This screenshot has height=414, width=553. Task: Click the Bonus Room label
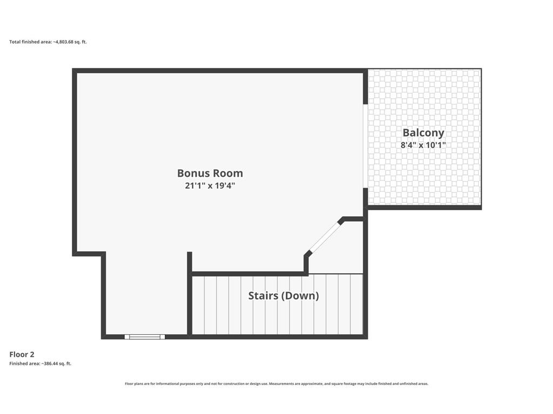pyautogui.click(x=210, y=173)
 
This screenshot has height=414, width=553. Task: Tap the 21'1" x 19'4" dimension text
pyautogui.click(x=210, y=185)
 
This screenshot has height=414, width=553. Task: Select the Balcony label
pyautogui.click(x=423, y=133)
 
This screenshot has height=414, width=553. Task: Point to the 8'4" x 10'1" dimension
pyautogui.click(x=423, y=144)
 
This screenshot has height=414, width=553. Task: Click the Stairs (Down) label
pyautogui.click(x=284, y=296)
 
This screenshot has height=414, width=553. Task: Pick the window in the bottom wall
pyautogui.click(x=145, y=337)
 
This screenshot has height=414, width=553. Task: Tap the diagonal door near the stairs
pyautogui.click(x=324, y=238)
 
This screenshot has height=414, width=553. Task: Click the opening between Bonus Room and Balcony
pyautogui.click(x=366, y=146)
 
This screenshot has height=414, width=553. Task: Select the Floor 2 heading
pyautogui.click(x=22, y=355)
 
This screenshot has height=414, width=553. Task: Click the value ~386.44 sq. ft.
pyautogui.click(x=56, y=364)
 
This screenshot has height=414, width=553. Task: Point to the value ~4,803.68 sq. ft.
pyautogui.click(x=70, y=42)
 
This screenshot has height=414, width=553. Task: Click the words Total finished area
pyautogui.click(x=30, y=42)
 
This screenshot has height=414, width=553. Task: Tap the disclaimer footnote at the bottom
pyautogui.click(x=276, y=384)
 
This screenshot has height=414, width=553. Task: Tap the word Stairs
pyautogui.click(x=263, y=296)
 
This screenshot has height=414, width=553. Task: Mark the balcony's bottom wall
pyautogui.click(x=424, y=208)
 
